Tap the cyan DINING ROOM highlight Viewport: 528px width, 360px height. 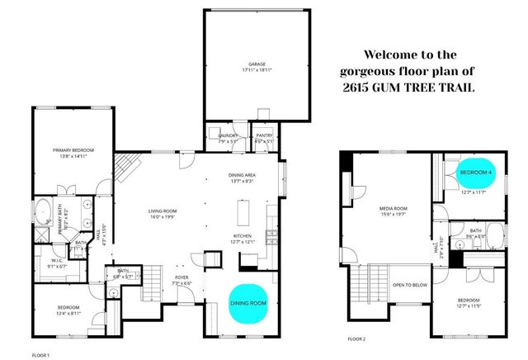tap(248, 303)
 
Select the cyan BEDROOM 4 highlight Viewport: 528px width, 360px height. tap(476, 172)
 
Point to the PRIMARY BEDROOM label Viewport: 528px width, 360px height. tap(73, 149)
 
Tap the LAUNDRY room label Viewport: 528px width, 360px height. tap(229, 135)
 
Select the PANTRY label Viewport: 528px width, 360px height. tap(265, 135)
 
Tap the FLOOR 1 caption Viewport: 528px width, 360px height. tap(41, 354)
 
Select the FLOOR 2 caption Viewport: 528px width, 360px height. tap(356, 339)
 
